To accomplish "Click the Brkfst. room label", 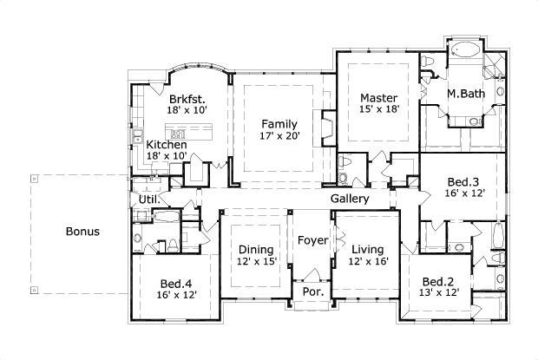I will (186, 99).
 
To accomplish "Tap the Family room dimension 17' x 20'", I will (279, 136).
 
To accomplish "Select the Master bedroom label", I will (378, 98).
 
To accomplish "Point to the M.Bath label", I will (465, 93).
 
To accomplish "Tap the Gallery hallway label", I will (351, 199).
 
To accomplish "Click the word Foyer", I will (312, 239).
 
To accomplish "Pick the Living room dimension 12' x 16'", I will (367, 260).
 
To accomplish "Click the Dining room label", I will (258, 248).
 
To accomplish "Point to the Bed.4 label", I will (177, 282).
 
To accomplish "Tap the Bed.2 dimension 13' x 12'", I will (440, 294).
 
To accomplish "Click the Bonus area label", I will (82, 232).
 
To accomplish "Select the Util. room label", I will (148, 200).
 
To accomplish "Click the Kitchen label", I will (166, 144).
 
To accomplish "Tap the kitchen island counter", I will (192, 134).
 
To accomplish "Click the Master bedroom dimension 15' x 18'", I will (378, 110).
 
